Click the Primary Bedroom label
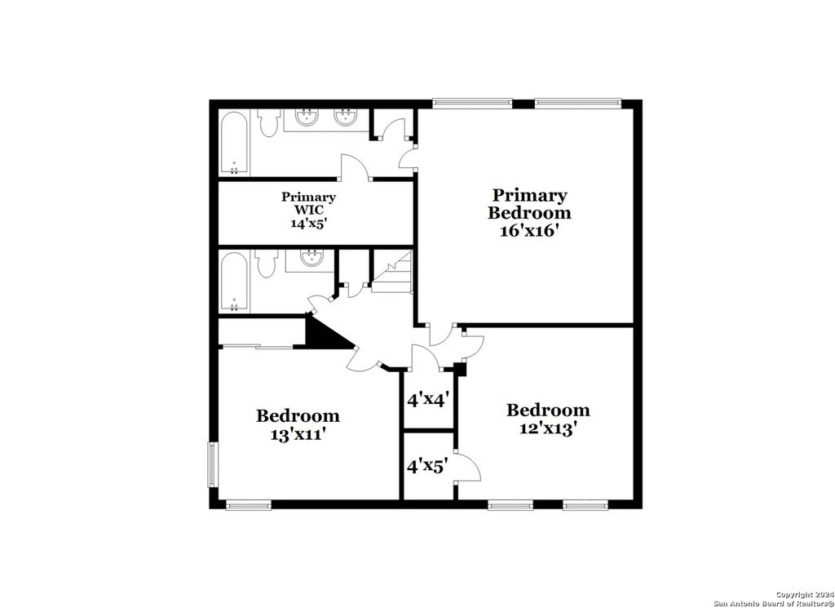[x=529, y=204]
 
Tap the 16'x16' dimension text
[x=529, y=231]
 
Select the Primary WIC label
[x=308, y=204]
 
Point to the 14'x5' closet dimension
[x=308, y=223]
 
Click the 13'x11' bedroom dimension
[x=298, y=435]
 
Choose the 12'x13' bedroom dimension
[x=548, y=428]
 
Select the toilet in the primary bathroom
[x=268, y=122]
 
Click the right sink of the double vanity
[x=346, y=117]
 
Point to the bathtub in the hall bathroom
[x=235, y=282]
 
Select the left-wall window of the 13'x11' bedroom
[x=213, y=466]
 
